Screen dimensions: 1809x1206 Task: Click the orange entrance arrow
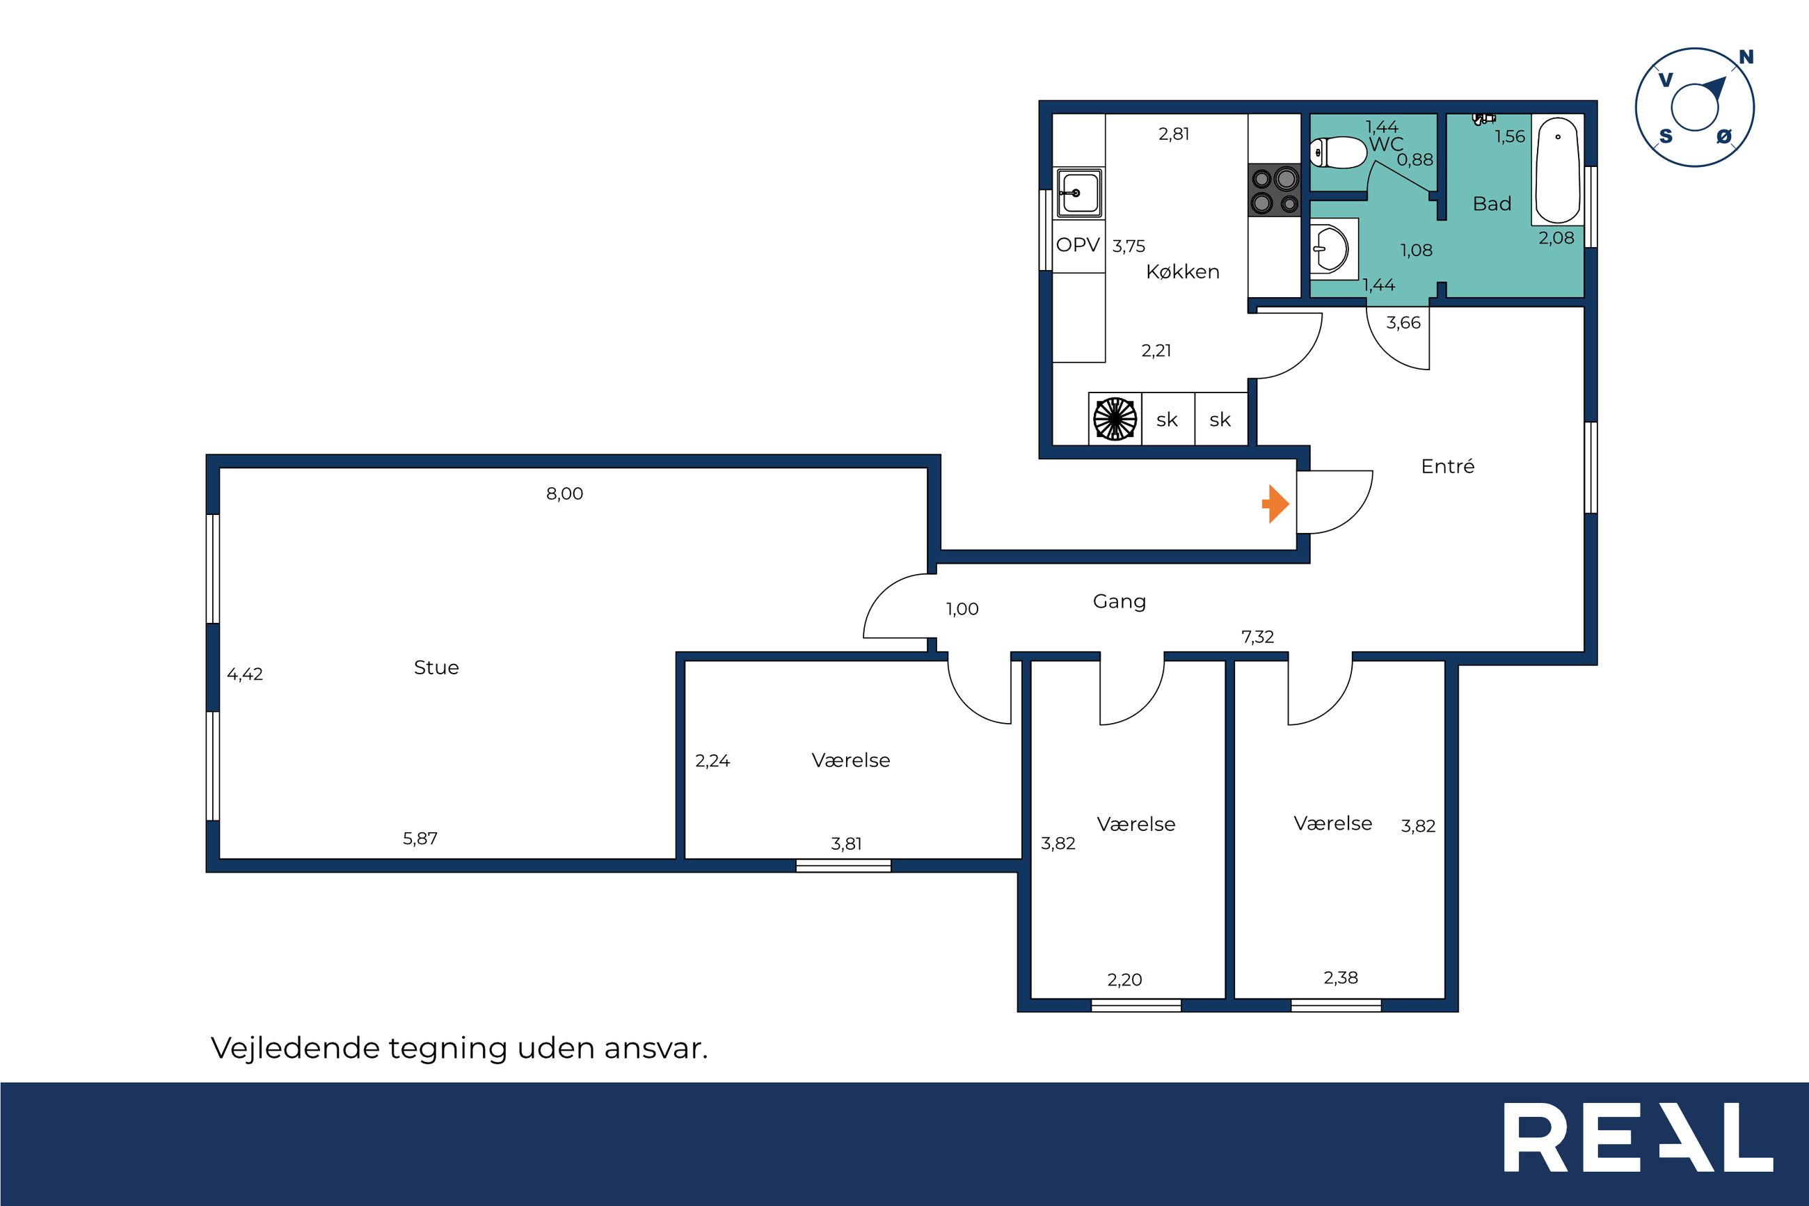[1275, 505]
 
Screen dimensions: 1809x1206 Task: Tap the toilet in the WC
[1338, 152]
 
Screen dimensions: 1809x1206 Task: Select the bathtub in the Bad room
[1558, 170]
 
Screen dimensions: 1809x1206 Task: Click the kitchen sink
[1079, 192]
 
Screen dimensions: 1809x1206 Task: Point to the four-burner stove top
[1275, 190]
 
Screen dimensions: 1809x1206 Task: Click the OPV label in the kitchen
[1078, 246]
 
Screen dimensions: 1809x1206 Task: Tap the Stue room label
[436, 667]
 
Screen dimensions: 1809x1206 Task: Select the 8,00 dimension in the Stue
[564, 494]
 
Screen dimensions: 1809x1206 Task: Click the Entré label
[1448, 466]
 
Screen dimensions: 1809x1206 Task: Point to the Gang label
[1119, 601]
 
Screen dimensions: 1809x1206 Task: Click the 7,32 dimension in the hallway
[1258, 637]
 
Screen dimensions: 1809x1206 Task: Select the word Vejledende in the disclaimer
[295, 1048]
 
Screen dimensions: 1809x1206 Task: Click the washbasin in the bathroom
[1333, 248]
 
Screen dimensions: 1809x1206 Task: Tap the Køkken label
[1182, 271]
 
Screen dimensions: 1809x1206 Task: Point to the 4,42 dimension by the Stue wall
[244, 674]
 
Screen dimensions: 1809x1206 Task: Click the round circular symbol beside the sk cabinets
[1115, 419]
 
